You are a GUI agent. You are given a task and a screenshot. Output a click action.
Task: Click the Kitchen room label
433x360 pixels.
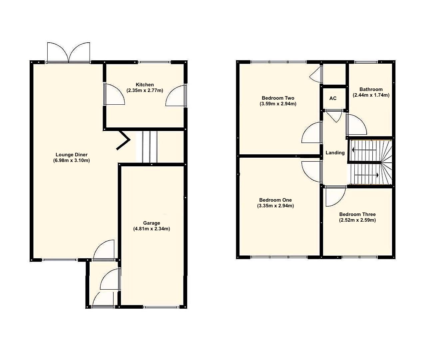pyautogui.click(x=145, y=85)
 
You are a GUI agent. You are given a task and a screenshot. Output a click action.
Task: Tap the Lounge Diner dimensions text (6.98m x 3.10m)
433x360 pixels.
pyautogui.click(x=71, y=160)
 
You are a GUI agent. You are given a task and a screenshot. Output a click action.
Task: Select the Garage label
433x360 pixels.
pyautogui.click(x=152, y=223)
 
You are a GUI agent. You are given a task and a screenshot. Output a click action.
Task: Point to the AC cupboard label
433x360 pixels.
pyautogui.click(x=333, y=98)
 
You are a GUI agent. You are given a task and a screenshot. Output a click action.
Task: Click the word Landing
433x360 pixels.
pyautogui.click(x=335, y=153)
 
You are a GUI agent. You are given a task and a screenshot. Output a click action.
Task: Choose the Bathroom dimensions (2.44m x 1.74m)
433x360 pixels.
pyautogui.click(x=371, y=95)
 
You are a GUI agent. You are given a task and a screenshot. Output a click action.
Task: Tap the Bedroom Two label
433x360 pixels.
pyautogui.click(x=278, y=98)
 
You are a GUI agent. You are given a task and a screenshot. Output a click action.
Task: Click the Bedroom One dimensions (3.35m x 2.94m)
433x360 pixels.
pyautogui.click(x=275, y=206)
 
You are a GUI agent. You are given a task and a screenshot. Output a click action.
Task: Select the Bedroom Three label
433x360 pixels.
pyautogui.click(x=357, y=214)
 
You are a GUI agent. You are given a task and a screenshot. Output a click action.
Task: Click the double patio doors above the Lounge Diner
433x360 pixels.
pyautogui.click(x=69, y=52)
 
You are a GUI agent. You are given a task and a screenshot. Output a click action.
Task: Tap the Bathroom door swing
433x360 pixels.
pyautogui.click(x=356, y=125)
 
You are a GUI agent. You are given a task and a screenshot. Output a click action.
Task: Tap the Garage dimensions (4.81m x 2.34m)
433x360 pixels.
pyautogui.click(x=152, y=229)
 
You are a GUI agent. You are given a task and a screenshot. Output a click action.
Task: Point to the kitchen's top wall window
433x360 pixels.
pyautogui.click(x=154, y=62)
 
